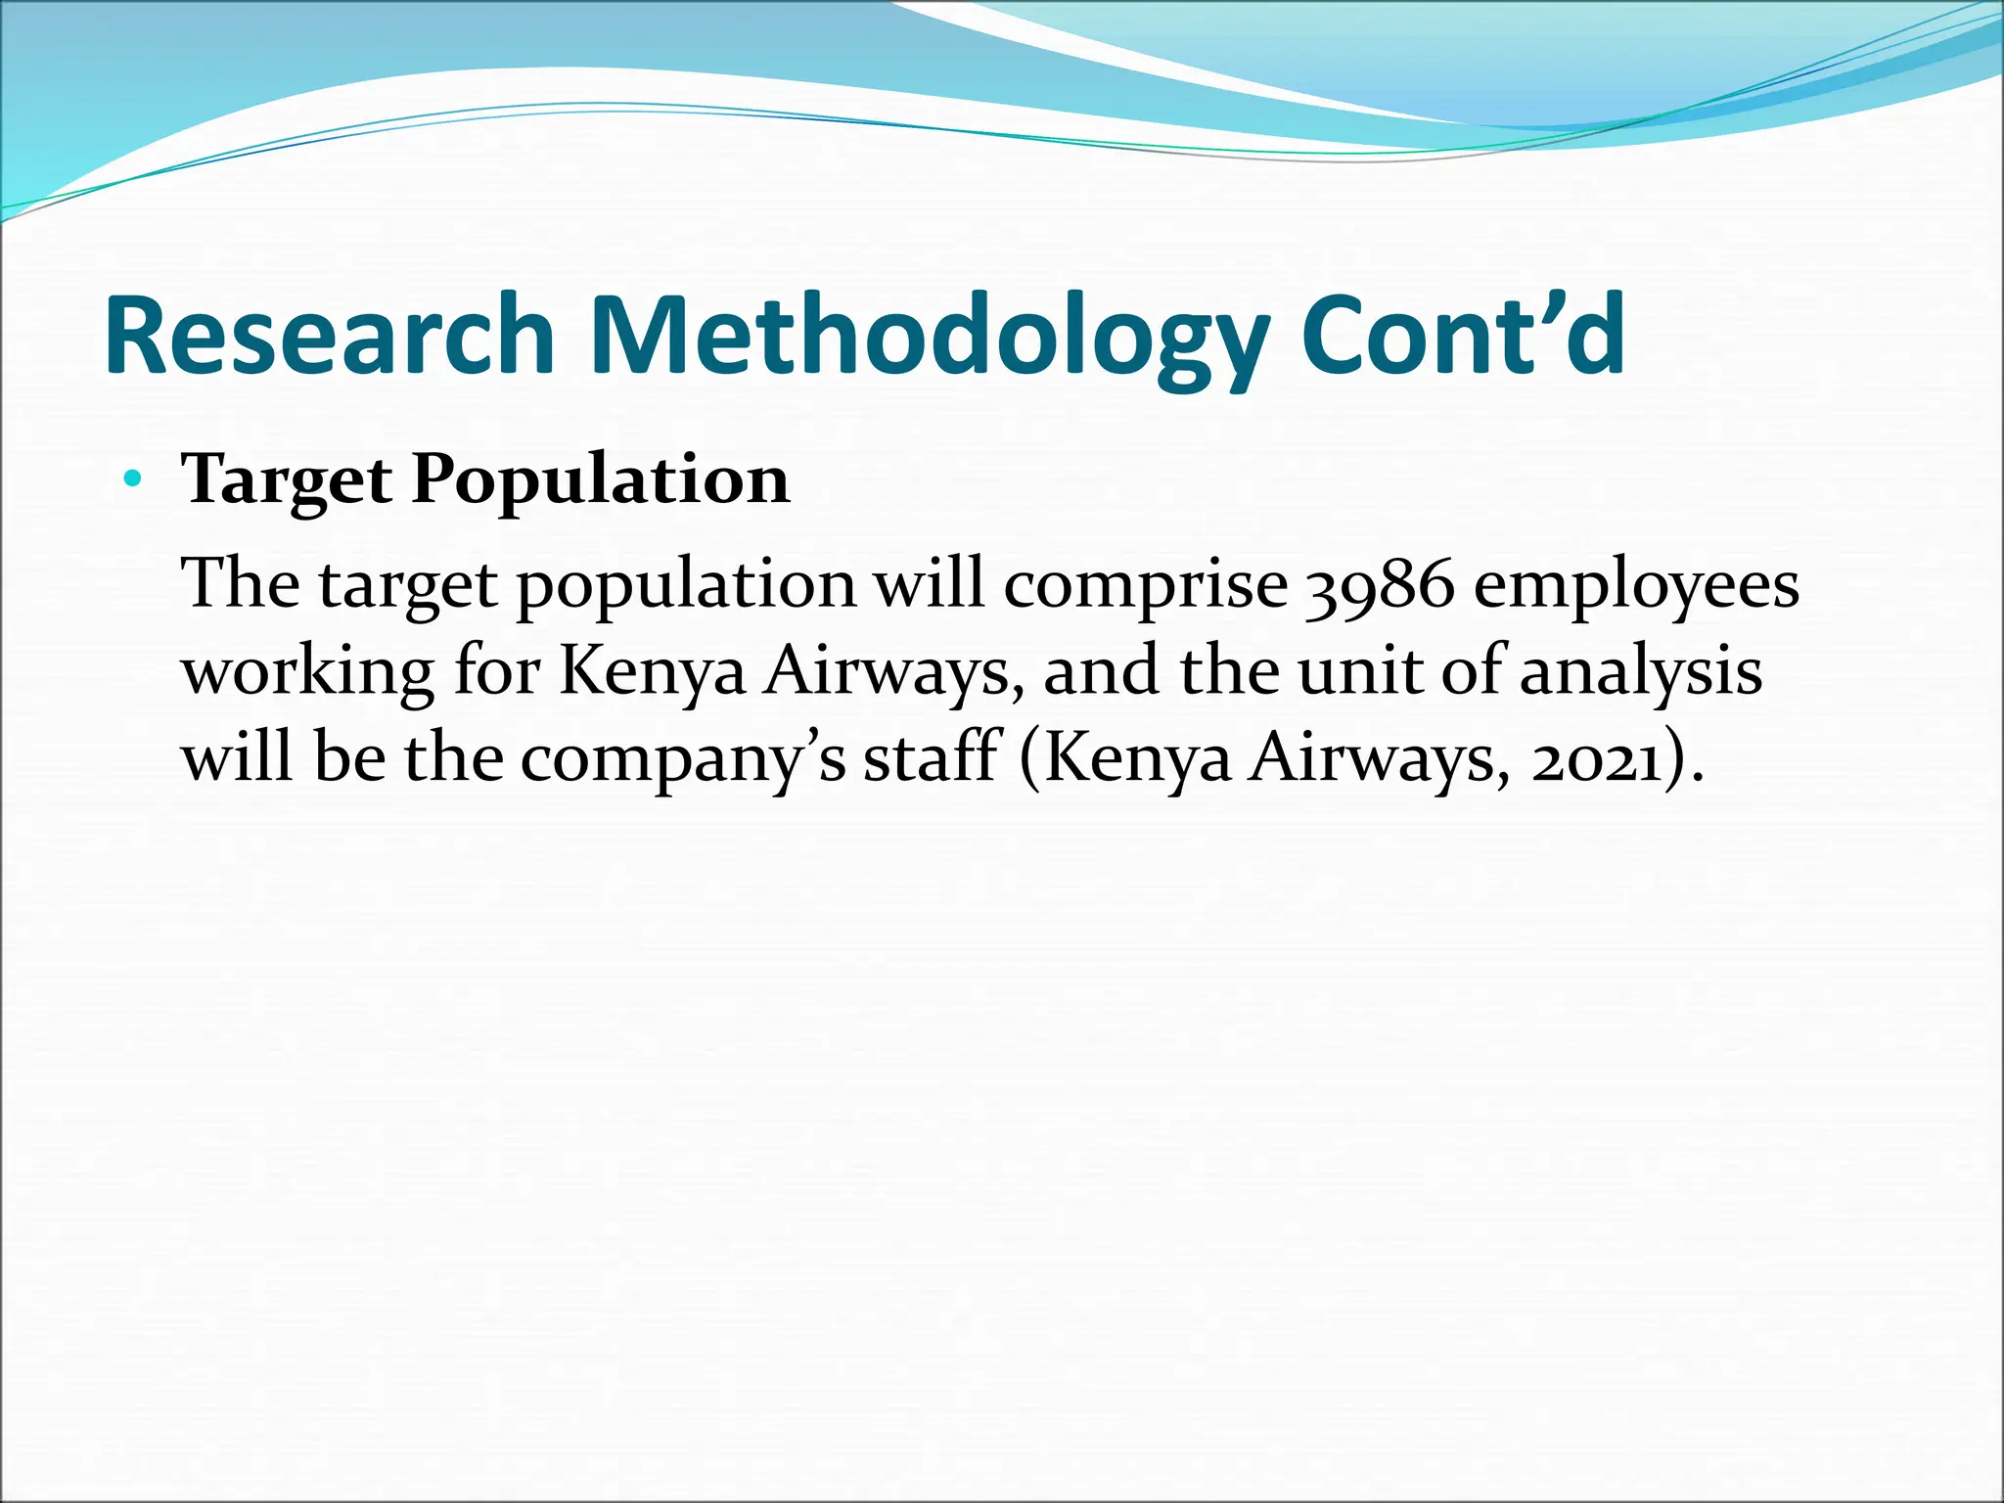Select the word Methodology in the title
click(x=923, y=335)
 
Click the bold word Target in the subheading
click(x=287, y=480)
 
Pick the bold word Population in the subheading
click(x=600, y=480)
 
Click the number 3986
click(x=1381, y=585)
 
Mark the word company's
click(x=682, y=760)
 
